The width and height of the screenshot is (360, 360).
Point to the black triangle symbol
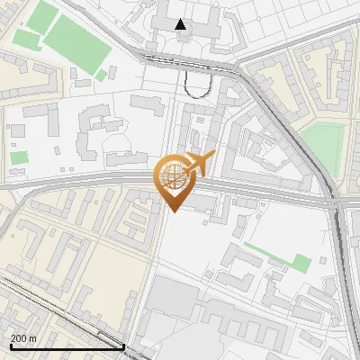(x=181, y=24)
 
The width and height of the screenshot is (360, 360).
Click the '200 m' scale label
(x=24, y=337)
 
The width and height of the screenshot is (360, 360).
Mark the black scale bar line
(x=67, y=346)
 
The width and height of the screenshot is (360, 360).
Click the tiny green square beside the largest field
(x=103, y=75)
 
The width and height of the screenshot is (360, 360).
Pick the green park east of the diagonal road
(x=324, y=144)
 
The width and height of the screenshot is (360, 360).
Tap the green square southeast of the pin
(x=301, y=263)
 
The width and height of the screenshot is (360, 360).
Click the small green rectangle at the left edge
(x=19, y=157)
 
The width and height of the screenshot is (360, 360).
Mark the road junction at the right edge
(x=339, y=205)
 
